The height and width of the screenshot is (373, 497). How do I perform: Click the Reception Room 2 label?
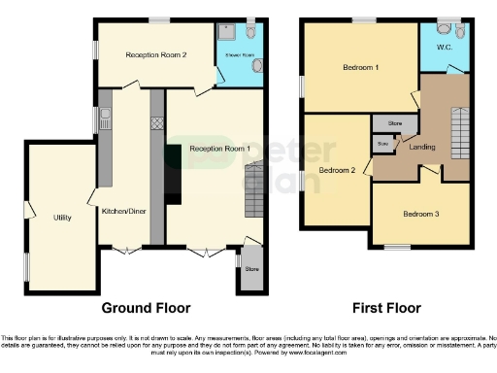coord(156,55)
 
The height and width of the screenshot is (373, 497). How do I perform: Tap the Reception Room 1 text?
coord(219,148)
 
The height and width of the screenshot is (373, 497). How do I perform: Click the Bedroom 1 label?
coord(360,68)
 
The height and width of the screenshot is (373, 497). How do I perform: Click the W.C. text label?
coord(444,46)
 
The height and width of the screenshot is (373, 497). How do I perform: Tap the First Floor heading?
coord(384,308)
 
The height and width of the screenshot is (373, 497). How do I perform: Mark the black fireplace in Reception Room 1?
coord(173,175)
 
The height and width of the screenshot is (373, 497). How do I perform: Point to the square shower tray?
coord(227,32)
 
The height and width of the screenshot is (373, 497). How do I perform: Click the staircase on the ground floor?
coord(253,190)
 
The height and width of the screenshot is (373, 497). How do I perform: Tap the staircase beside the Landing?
coord(459,126)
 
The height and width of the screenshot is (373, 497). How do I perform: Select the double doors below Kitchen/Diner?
coord(125,251)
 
